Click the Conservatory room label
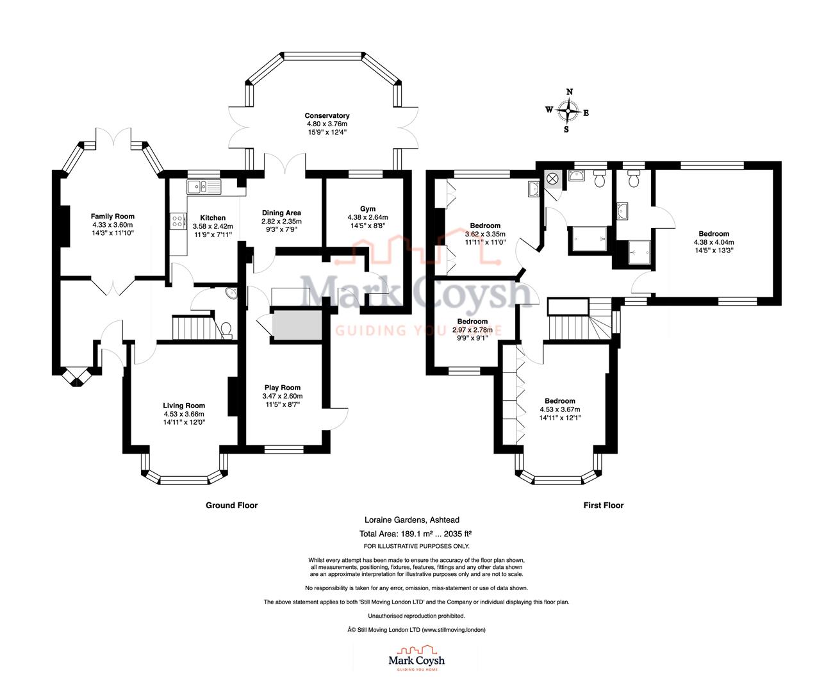pos(327,116)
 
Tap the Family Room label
pos(112,217)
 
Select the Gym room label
pos(367,209)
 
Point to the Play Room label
pos(282,388)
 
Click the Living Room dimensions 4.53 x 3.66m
pos(184,414)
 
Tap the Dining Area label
pos(281,213)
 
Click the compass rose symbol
pos(568,111)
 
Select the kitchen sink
pos(203,187)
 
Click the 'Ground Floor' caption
pos(231,506)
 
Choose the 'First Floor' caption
pos(603,506)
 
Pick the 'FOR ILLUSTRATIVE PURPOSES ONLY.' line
pos(416,546)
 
